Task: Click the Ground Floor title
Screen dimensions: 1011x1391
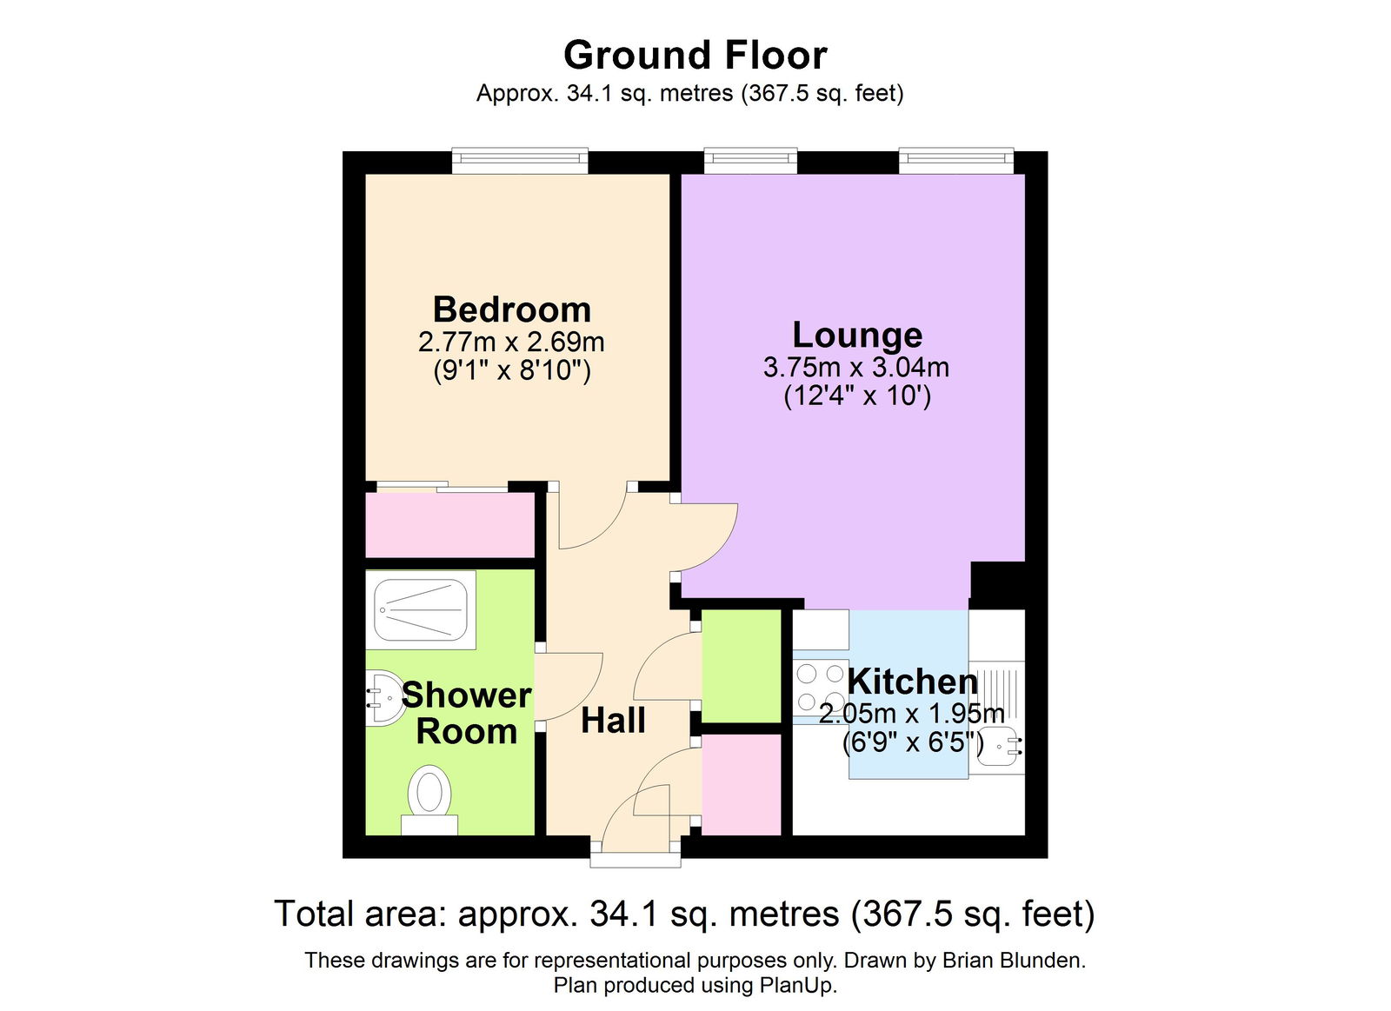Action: point(695,56)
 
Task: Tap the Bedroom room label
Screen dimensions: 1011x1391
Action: point(511,309)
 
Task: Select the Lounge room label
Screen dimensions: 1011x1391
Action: point(857,335)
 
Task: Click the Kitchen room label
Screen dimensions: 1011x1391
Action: point(912,682)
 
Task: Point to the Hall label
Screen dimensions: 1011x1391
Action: point(613,721)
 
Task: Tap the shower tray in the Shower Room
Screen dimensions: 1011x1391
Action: point(421,609)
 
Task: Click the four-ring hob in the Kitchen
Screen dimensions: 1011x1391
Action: point(821,687)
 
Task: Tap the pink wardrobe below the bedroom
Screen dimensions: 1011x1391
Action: point(449,525)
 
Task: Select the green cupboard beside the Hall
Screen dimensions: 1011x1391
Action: point(742,666)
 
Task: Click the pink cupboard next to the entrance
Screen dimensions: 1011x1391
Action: point(742,785)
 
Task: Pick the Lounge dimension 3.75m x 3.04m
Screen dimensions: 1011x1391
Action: point(856,367)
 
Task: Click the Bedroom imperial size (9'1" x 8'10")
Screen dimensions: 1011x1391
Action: point(511,371)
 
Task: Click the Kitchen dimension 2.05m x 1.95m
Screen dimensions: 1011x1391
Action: point(911,714)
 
